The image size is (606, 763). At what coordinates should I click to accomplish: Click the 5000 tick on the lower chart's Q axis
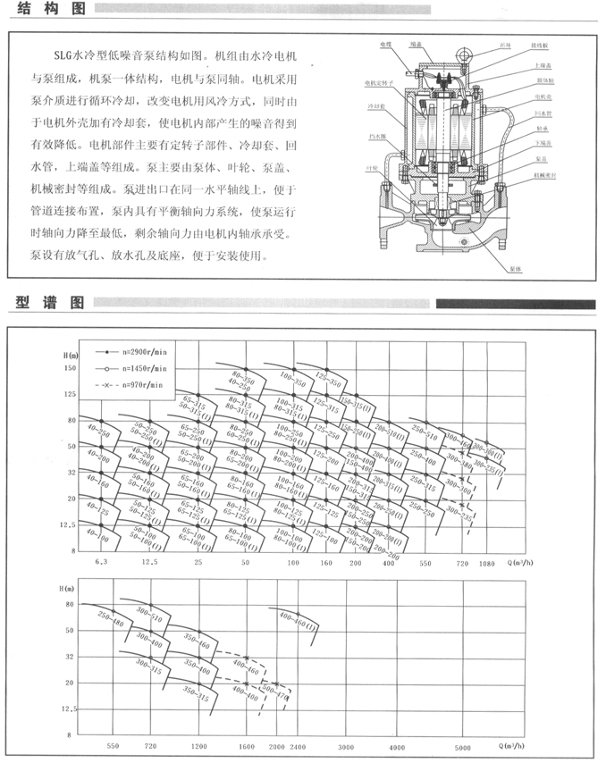click(x=462, y=745)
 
